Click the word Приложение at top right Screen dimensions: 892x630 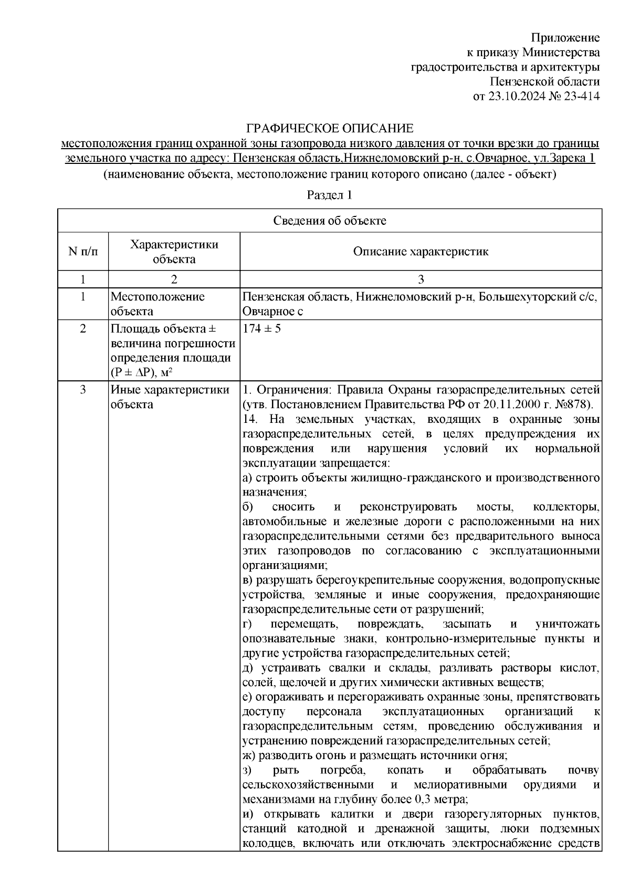[x=565, y=38]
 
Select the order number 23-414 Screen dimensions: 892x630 [x=581, y=96]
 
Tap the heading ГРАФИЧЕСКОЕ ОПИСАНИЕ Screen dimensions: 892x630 [x=330, y=128]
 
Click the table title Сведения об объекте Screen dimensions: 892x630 [x=330, y=221]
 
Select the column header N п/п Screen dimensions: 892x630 [x=83, y=252]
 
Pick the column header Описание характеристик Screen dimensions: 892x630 [x=421, y=252]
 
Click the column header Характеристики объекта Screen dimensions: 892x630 [x=174, y=252]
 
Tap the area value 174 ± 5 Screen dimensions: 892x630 [x=262, y=330]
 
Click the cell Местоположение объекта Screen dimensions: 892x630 [x=157, y=304]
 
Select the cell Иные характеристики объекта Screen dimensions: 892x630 [x=170, y=397]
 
